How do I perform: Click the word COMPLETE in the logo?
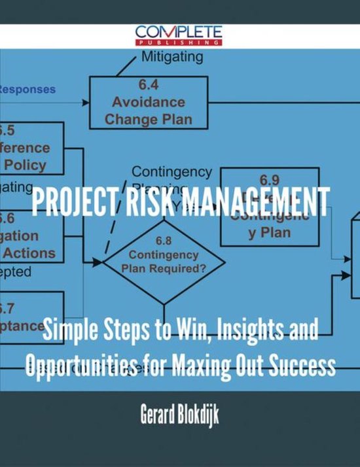tap(179, 31)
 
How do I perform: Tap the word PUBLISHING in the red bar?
tap(179, 42)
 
